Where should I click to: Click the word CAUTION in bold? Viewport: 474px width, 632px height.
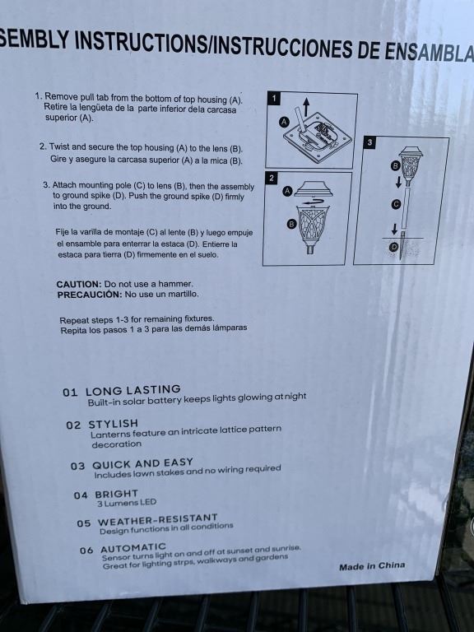click(x=79, y=284)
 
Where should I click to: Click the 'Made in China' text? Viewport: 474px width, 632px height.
click(x=372, y=566)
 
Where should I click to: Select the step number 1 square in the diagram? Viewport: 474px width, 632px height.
click(x=274, y=98)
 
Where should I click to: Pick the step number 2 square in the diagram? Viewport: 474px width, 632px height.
click(x=272, y=178)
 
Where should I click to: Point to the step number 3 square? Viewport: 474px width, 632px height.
click(x=369, y=142)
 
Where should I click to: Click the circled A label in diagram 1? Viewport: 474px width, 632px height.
click(x=285, y=122)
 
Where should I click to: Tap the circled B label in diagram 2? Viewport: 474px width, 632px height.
click(x=291, y=224)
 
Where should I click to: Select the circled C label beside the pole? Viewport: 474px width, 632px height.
click(x=396, y=204)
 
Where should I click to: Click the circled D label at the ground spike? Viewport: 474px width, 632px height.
click(x=394, y=247)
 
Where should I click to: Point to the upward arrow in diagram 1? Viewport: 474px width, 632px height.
click(x=306, y=107)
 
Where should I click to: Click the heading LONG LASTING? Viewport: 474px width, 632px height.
click(x=133, y=390)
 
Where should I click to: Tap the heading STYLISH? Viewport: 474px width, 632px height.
click(x=114, y=424)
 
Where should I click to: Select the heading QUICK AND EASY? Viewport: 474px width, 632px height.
click(x=142, y=463)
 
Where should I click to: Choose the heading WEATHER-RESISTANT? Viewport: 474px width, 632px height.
click(x=158, y=519)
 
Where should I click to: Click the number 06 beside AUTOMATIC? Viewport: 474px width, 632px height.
click(x=86, y=551)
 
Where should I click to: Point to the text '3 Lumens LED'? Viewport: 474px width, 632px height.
click(x=127, y=503)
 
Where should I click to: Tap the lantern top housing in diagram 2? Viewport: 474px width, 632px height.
click(x=313, y=188)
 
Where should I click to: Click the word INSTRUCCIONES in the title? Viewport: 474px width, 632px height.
click(x=283, y=47)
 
